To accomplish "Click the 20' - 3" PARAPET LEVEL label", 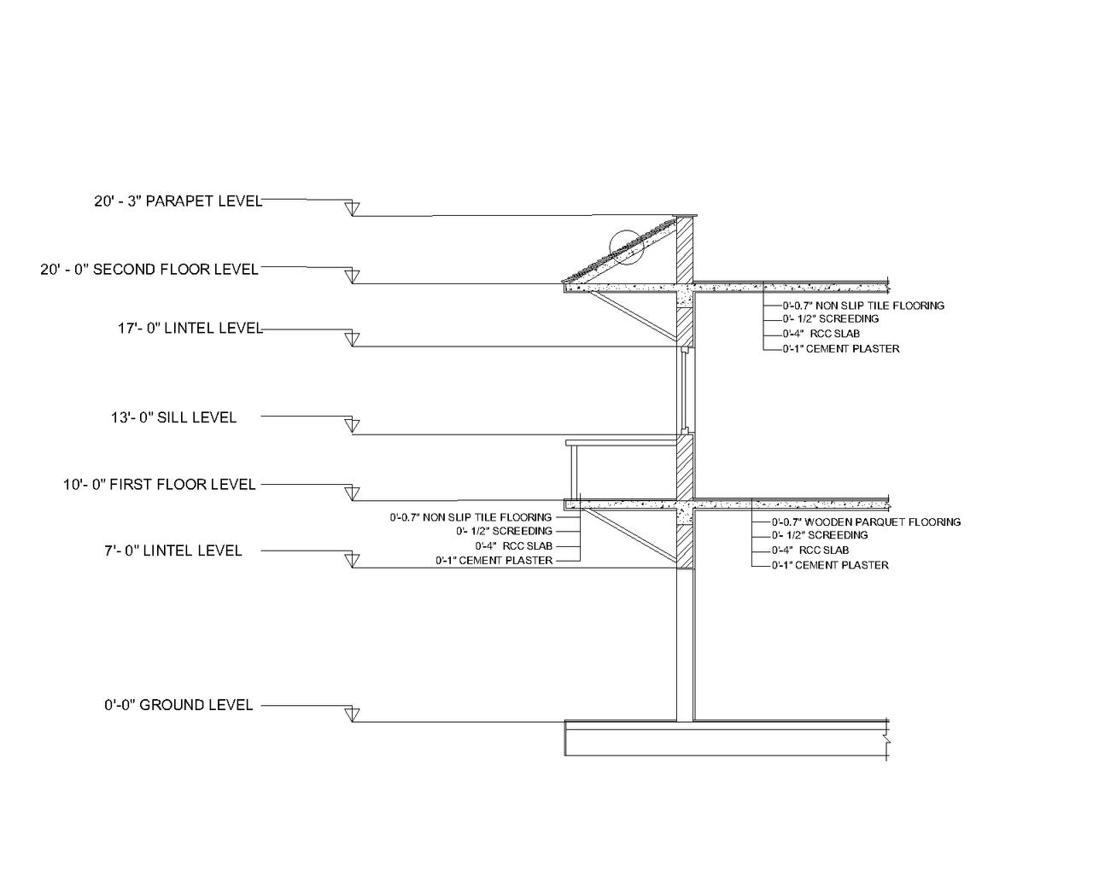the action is [178, 202].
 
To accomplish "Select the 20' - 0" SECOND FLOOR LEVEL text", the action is [149, 270].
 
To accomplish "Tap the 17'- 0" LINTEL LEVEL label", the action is [190, 329].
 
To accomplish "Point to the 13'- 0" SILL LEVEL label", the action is [173, 417].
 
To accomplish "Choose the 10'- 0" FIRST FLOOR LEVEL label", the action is [159, 485].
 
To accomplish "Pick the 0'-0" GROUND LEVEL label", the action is [178, 705].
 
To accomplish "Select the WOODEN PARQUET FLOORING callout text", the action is [866, 521].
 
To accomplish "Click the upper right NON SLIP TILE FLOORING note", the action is [863, 305].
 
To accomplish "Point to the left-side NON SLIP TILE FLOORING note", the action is [471, 517].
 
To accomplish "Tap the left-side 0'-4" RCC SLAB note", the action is [513, 545].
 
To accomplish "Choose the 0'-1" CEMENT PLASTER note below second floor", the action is [840, 348].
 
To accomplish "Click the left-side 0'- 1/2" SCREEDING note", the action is [504, 531].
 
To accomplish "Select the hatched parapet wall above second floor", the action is [685, 249].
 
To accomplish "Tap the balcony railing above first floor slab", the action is [572, 469].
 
